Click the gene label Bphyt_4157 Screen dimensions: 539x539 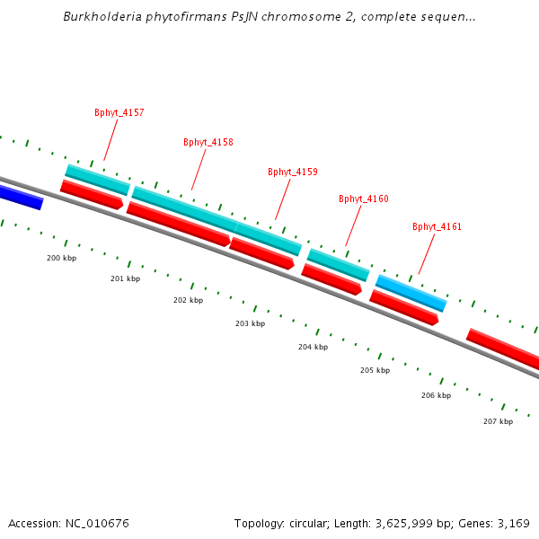click(119, 113)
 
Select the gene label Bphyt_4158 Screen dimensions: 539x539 click(208, 143)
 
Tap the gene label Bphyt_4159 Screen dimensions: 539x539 click(293, 172)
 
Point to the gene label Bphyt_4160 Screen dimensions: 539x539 click(364, 199)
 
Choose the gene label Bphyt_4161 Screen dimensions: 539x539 click(437, 227)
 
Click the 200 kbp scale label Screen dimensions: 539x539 click(62, 258)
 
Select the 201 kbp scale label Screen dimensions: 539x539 click(126, 278)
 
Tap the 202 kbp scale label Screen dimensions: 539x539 click(188, 300)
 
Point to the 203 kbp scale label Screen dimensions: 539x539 click(250, 323)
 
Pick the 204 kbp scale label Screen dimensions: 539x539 click(313, 347)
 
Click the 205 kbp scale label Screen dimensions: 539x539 click(375, 370)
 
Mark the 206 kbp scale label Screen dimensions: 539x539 click(436, 395)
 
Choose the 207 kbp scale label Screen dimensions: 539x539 click(498, 421)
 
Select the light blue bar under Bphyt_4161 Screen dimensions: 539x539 click(411, 293)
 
